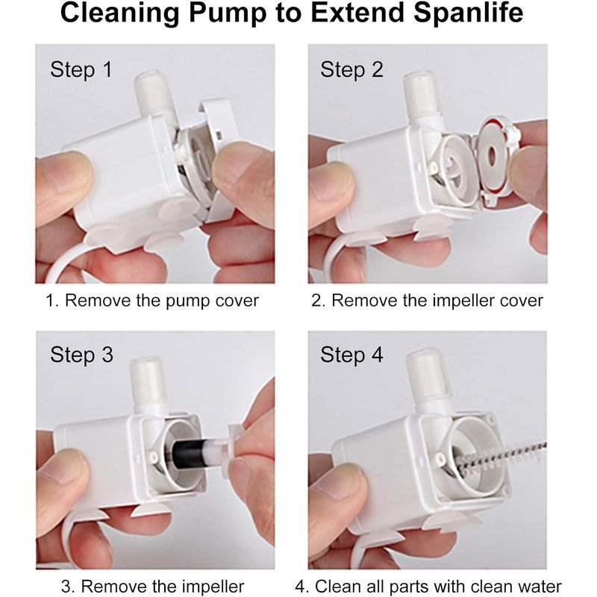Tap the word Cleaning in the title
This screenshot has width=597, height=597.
point(119,13)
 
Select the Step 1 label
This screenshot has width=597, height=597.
point(81,70)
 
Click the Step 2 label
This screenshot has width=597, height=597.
point(351,70)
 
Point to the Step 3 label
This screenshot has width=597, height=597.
point(81,355)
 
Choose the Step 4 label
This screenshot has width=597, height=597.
point(351,355)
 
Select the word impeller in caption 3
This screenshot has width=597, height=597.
point(213,587)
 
